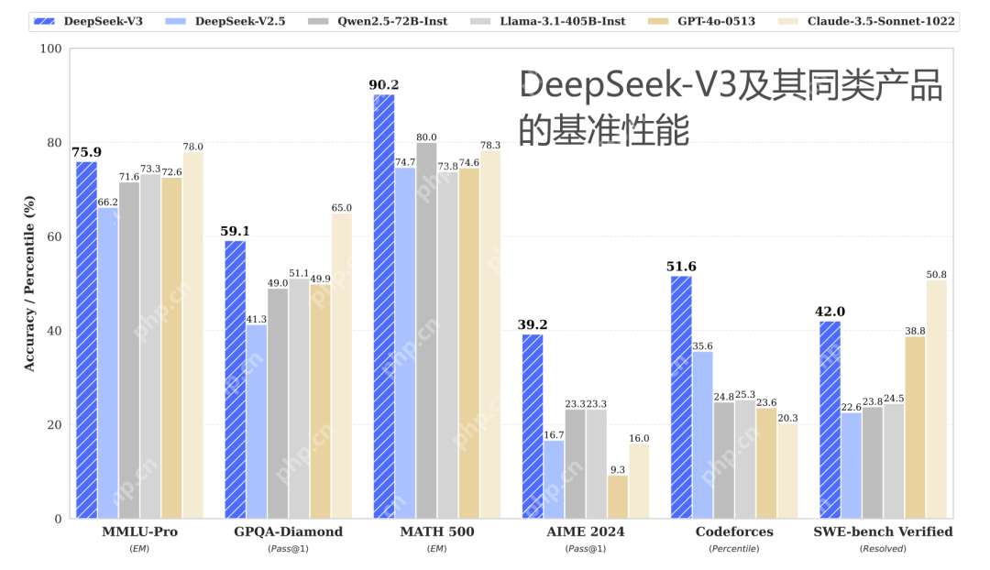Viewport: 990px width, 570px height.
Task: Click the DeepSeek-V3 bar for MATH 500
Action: (383, 306)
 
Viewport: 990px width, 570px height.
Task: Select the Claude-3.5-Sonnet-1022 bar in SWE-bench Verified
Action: (936, 399)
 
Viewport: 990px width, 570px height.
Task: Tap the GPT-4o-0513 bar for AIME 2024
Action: (618, 496)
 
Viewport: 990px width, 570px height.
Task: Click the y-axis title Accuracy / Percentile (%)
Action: (29, 283)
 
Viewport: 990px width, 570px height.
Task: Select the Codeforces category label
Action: (733, 532)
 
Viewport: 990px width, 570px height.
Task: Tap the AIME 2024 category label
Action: (585, 532)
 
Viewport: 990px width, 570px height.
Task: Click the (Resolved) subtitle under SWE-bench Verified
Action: (883, 548)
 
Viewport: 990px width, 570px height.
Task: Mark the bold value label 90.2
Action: (383, 85)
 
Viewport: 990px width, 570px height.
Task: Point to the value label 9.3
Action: (618, 468)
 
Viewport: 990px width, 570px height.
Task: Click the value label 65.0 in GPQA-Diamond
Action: (341, 207)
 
